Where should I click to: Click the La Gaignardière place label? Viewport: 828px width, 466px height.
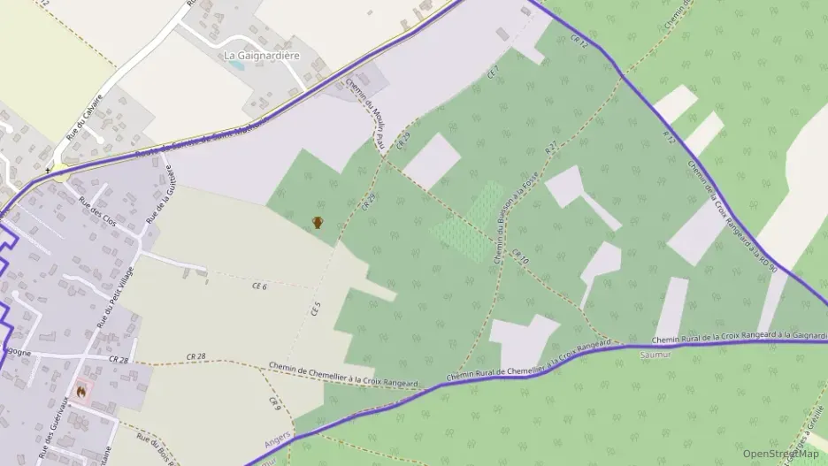tap(262, 56)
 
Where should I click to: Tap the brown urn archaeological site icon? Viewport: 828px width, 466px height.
tap(318, 223)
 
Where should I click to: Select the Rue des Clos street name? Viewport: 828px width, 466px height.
tap(97, 212)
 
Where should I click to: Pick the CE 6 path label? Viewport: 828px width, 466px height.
tap(259, 286)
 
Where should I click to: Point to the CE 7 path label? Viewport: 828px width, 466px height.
tap(494, 72)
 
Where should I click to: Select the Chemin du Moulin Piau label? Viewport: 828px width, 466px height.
tap(365, 111)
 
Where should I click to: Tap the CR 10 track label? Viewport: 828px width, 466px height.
tap(519, 256)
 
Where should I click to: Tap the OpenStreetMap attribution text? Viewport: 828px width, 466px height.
tap(780, 454)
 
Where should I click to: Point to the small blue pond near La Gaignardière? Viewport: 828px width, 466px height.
tap(235, 65)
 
